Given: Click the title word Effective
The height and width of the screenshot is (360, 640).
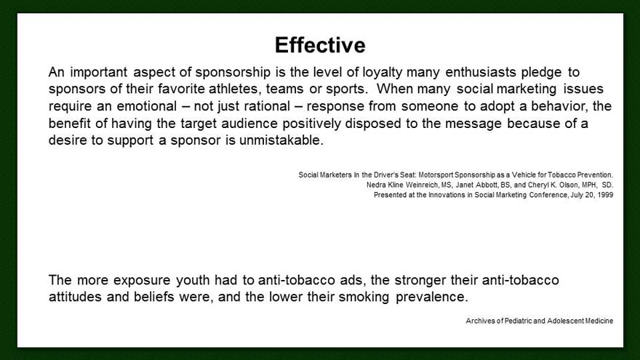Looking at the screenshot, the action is (x=320, y=45).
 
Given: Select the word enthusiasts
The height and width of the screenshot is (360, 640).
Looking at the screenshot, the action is (x=481, y=72).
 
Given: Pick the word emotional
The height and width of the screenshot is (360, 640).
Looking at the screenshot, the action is (x=147, y=106).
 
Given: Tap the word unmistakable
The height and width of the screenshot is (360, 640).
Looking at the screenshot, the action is (x=281, y=140).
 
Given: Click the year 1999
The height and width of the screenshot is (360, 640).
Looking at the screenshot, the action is (x=605, y=195).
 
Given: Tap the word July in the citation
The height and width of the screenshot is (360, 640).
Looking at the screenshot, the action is (x=577, y=195).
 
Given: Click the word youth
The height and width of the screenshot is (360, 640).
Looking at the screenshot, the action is (x=193, y=280).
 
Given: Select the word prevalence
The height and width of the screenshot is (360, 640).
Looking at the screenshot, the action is (x=432, y=297).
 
